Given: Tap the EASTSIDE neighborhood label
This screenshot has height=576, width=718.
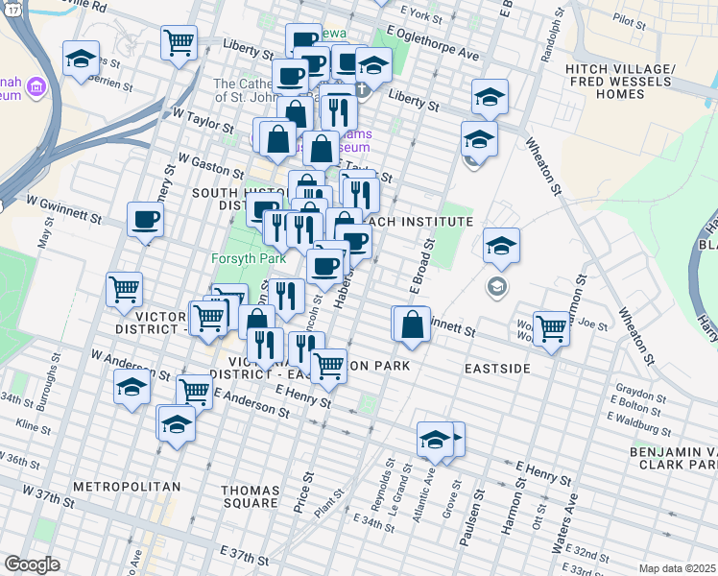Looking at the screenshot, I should [x=498, y=368].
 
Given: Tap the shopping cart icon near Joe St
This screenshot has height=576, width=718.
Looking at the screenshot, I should [x=551, y=327].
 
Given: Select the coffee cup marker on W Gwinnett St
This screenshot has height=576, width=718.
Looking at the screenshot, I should [x=146, y=220].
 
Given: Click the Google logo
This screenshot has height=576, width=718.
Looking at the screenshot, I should [x=31, y=564].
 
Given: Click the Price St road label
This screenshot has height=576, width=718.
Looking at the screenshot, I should [x=309, y=492].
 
